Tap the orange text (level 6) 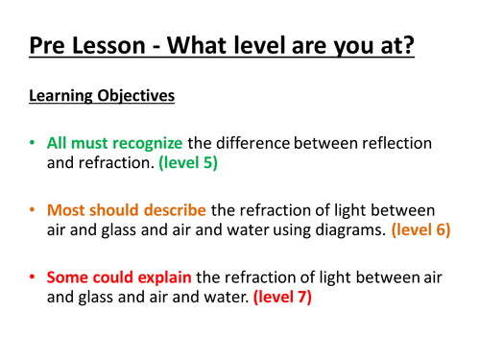[420, 230]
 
